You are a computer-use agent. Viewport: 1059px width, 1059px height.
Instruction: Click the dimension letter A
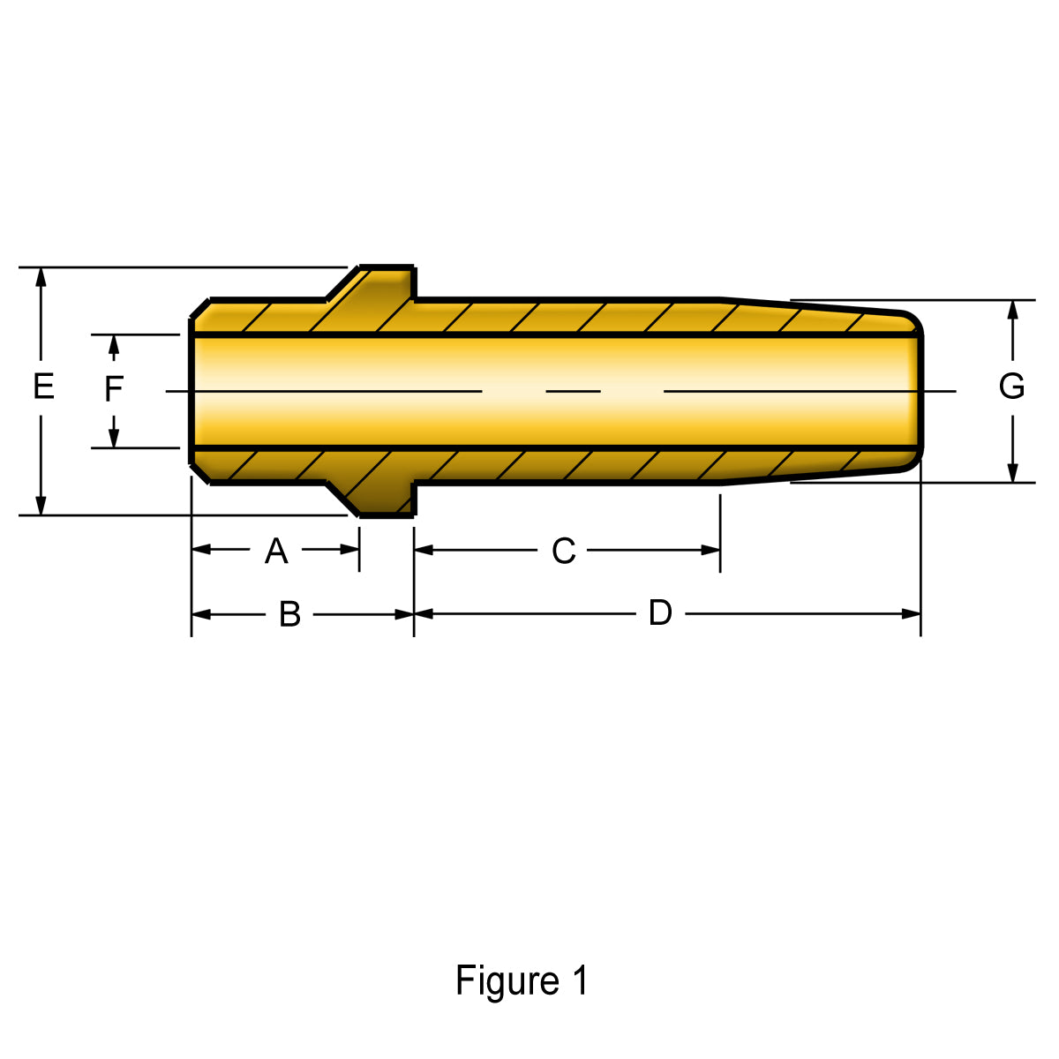[x=276, y=552]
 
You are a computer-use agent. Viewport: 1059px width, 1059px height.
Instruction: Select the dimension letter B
[x=289, y=614]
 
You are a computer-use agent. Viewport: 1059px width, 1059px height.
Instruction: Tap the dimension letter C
[x=564, y=552]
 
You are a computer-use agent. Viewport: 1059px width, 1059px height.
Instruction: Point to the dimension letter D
[x=660, y=612]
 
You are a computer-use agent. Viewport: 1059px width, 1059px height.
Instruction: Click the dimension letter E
[x=43, y=387]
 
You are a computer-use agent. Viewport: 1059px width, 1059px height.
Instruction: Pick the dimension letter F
[x=114, y=389]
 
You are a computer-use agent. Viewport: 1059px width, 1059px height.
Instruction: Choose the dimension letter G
[x=1011, y=387]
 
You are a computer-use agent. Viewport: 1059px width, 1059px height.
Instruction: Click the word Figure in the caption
[x=507, y=981]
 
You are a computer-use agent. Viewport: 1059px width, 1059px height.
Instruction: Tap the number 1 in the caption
[x=579, y=980]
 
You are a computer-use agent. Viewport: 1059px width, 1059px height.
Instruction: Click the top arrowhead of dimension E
[x=41, y=277]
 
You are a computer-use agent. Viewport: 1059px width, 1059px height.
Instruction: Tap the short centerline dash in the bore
[x=573, y=390]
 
